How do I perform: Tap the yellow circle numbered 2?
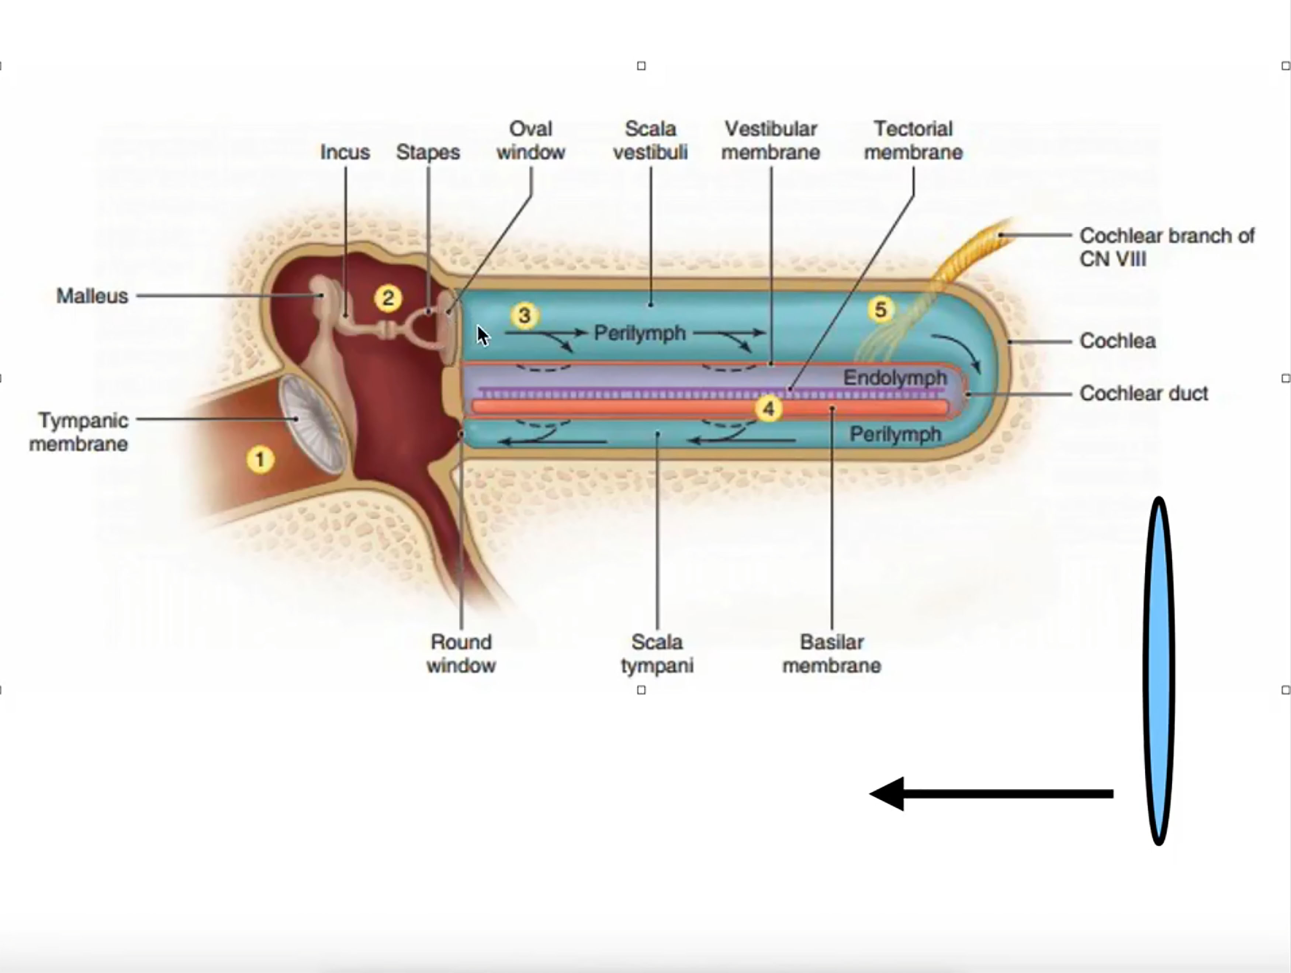tap(388, 299)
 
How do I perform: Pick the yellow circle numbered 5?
tap(880, 310)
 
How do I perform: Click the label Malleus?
tap(92, 296)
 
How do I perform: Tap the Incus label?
tap(345, 152)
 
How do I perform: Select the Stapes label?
tap(428, 152)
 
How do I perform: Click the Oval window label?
tap(530, 141)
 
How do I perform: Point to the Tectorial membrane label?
tap(913, 141)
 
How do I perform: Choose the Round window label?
tap(461, 654)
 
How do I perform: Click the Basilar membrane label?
tap(832, 654)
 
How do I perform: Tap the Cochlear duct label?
tap(1143, 393)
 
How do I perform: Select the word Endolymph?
tap(895, 378)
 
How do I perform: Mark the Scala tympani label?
tap(657, 654)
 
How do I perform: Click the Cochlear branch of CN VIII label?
tap(1166, 247)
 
